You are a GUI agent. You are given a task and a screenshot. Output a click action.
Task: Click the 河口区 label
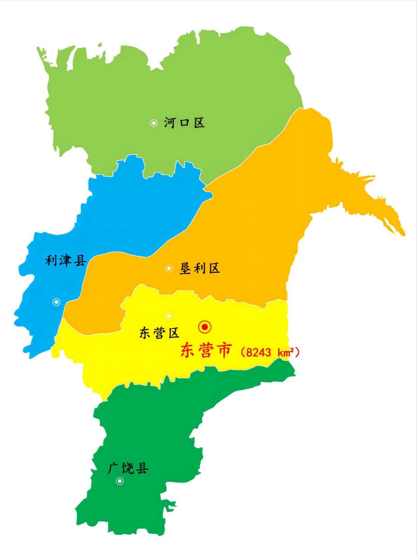[184, 123]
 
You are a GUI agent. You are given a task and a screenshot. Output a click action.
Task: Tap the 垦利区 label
[200, 268]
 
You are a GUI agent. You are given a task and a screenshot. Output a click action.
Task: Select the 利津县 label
[66, 261]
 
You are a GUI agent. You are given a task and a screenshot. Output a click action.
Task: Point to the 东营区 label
[159, 333]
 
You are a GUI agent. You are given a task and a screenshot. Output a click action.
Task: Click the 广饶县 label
[128, 468]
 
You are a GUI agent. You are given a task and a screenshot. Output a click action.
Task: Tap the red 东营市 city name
[206, 351]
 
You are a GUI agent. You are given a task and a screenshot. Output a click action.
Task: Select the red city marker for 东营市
[205, 327]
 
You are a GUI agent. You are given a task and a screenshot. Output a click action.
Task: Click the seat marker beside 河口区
[153, 123]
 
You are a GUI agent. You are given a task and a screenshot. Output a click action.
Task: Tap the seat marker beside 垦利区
[169, 269]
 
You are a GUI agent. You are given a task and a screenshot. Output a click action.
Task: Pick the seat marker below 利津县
[56, 302]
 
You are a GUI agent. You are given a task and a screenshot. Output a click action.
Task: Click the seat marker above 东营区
[169, 316]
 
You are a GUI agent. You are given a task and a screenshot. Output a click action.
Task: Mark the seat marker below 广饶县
[119, 481]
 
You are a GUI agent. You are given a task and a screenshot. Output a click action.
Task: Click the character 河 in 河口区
[170, 123]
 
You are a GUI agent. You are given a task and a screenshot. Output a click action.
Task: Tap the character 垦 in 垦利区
[186, 268]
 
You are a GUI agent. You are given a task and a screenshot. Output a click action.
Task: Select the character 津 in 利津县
[66, 261]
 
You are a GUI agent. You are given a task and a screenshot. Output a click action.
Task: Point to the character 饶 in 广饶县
[128, 468]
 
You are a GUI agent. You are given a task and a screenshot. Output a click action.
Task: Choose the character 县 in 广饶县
[142, 468]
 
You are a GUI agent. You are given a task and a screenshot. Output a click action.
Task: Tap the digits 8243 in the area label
[259, 352]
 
